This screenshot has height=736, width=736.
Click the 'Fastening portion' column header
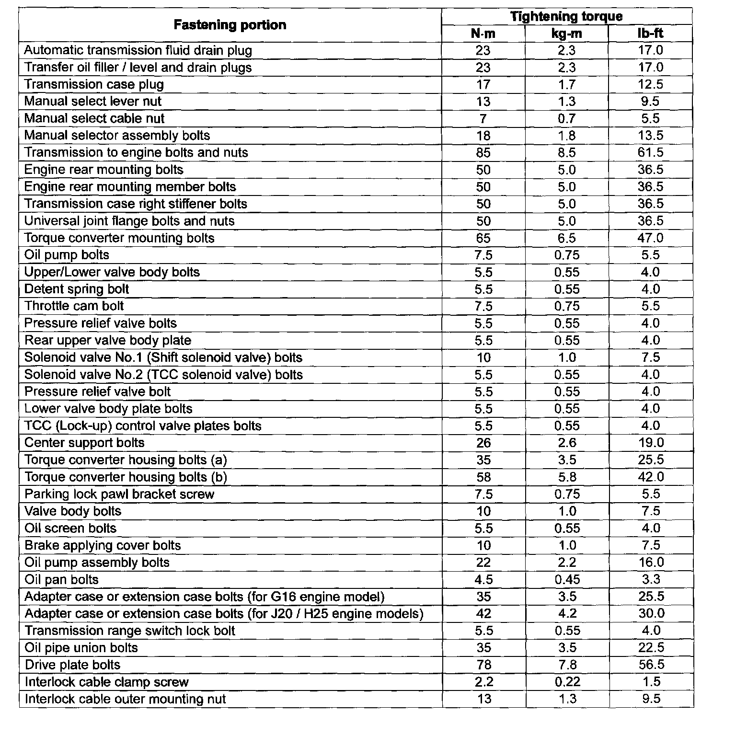[x=230, y=25]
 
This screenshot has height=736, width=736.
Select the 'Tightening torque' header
[x=566, y=16]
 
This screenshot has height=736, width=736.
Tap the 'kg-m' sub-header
[x=567, y=33]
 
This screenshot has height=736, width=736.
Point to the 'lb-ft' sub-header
[x=650, y=33]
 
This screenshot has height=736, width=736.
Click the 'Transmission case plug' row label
[x=94, y=84]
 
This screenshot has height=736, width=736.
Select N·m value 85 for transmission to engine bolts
[x=483, y=153]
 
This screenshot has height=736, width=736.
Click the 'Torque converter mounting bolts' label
[x=119, y=238]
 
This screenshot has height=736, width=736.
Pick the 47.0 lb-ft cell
[x=650, y=238]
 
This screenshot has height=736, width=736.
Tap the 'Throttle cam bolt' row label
[x=74, y=306]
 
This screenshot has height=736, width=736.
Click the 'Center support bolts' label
[x=84, y=443]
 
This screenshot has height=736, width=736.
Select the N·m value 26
[x=483, y=443]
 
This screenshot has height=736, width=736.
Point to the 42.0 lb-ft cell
[x=650, y=477]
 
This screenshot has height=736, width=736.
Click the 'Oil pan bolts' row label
[x=61, y=580]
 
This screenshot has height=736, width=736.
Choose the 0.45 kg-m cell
[x=567, y=580]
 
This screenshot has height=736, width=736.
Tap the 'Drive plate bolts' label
[x=72, y=665]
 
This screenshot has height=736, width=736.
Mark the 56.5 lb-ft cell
[x=650, y=665]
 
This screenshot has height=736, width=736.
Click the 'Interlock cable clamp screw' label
[x=106, y=682]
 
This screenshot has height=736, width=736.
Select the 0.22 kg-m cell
[x=567, y=682]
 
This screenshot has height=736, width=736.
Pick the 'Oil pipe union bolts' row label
[x=81, y=648]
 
